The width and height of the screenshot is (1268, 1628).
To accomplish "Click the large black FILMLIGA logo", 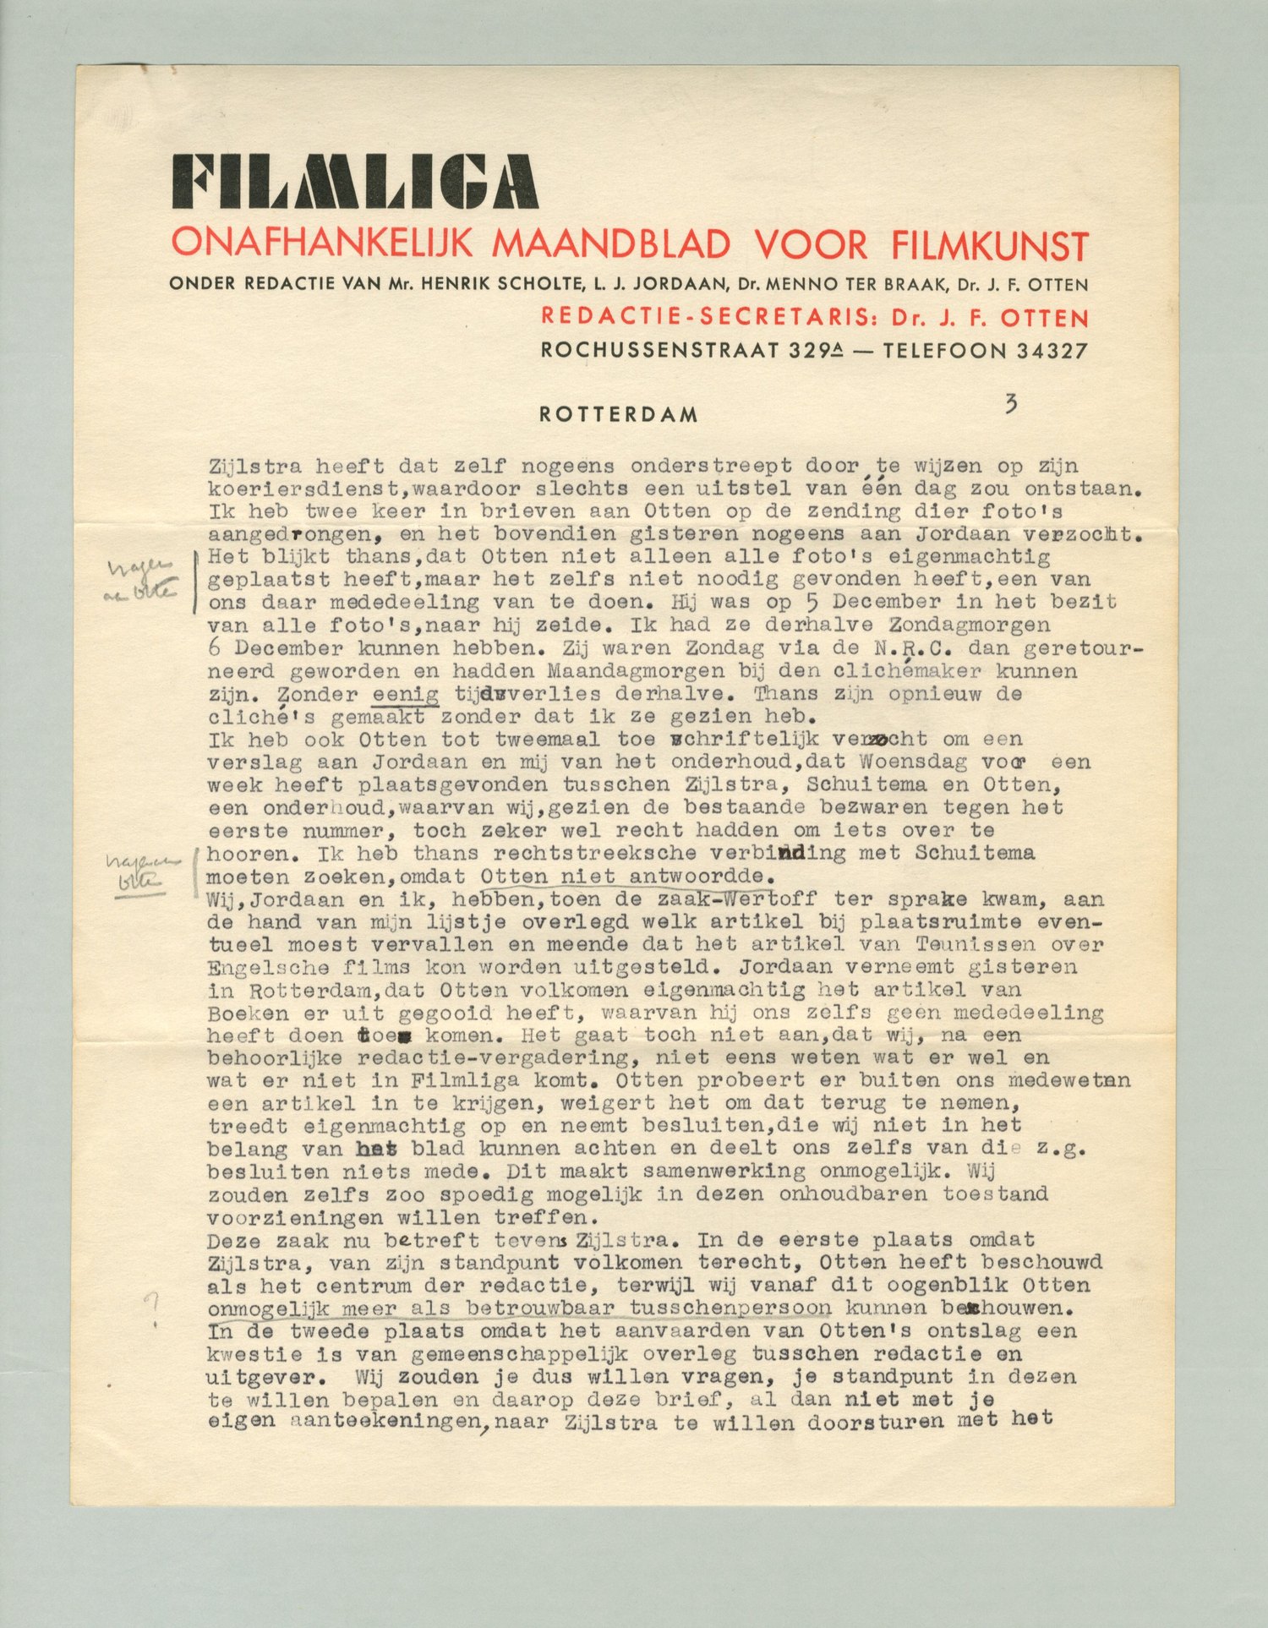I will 354,182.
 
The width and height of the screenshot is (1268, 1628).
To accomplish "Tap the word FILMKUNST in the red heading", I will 989,245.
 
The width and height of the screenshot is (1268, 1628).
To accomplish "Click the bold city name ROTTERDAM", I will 619,415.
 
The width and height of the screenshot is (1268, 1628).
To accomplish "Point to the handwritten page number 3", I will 1011,404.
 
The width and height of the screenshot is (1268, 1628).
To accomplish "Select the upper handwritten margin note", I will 141,579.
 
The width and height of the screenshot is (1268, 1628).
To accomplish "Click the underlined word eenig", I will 405,694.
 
